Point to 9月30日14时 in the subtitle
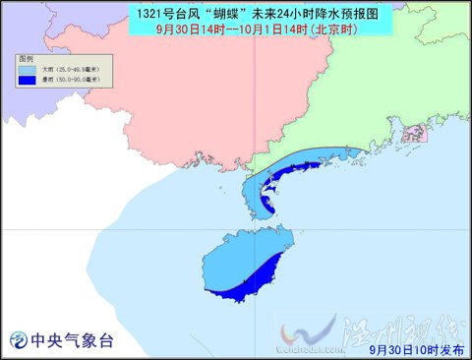click(193, 30)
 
